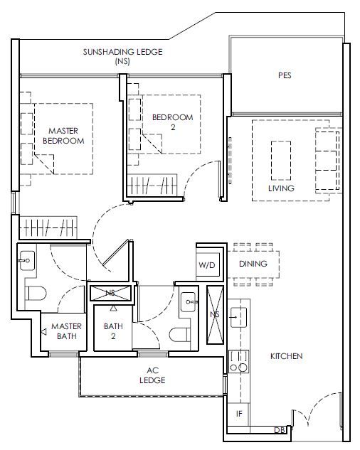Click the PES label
point(285,75)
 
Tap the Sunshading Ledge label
point(122,56)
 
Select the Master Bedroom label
point(63,136)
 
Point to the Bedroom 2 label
point(173,122)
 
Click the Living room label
point(281,188)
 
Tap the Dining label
point(253,264)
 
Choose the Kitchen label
point(286,356)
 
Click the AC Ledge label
point(152,375)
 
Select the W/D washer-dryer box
point(207,264)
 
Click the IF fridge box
point(238,414)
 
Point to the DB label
point(280,430)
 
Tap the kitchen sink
point(238,317)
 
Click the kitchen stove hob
point(239,361)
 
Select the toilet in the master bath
point(36,293)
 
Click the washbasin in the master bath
point(27,260)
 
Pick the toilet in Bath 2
point(179,335)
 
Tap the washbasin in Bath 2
point(189,302)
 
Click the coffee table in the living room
point(281,161)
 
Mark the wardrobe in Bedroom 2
point(152,185)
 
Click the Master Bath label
point(66,331)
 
